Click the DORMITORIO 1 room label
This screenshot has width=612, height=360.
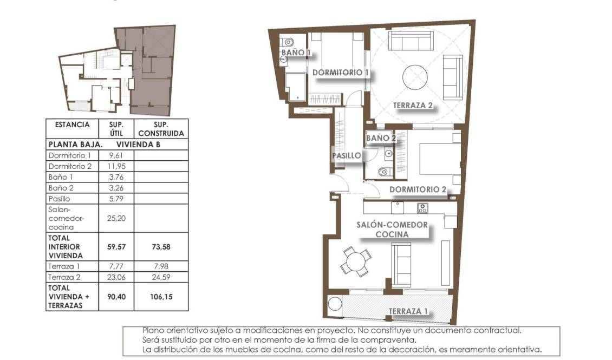point(341,73)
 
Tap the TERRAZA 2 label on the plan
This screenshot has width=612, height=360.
point(413,106)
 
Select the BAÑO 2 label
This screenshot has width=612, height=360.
point(381,138)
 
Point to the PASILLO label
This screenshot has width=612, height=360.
point(347,155)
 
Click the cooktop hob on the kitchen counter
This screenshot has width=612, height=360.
point(422,207)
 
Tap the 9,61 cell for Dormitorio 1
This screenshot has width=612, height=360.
point(116,155)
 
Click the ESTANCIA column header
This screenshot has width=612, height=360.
point(72,125)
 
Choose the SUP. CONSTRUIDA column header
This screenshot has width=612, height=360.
point(161,129)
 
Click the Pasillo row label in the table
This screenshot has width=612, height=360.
point(60,198)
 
